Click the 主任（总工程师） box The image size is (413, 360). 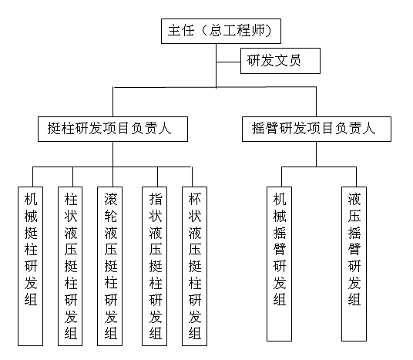221,31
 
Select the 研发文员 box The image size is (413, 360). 280,61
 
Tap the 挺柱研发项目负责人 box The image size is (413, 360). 112,130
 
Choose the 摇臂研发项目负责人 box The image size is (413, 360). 317,130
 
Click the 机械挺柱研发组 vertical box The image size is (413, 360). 31,266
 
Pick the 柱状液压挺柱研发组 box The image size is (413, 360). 70,266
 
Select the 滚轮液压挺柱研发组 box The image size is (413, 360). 110,266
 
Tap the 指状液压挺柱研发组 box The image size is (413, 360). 155,266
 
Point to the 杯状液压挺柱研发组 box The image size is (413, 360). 195,266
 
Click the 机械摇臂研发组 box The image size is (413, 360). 279,264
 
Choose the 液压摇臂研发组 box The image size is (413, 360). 354,264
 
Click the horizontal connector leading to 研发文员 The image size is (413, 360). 228,62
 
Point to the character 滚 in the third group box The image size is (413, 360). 111,199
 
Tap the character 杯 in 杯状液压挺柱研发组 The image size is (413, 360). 195,199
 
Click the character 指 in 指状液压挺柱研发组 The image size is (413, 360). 156,199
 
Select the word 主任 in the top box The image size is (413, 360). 181,30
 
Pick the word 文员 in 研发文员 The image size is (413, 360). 287,60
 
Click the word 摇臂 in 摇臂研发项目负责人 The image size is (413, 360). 265,129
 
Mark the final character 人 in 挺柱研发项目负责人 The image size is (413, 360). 165,129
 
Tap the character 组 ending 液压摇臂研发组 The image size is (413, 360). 354,299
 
